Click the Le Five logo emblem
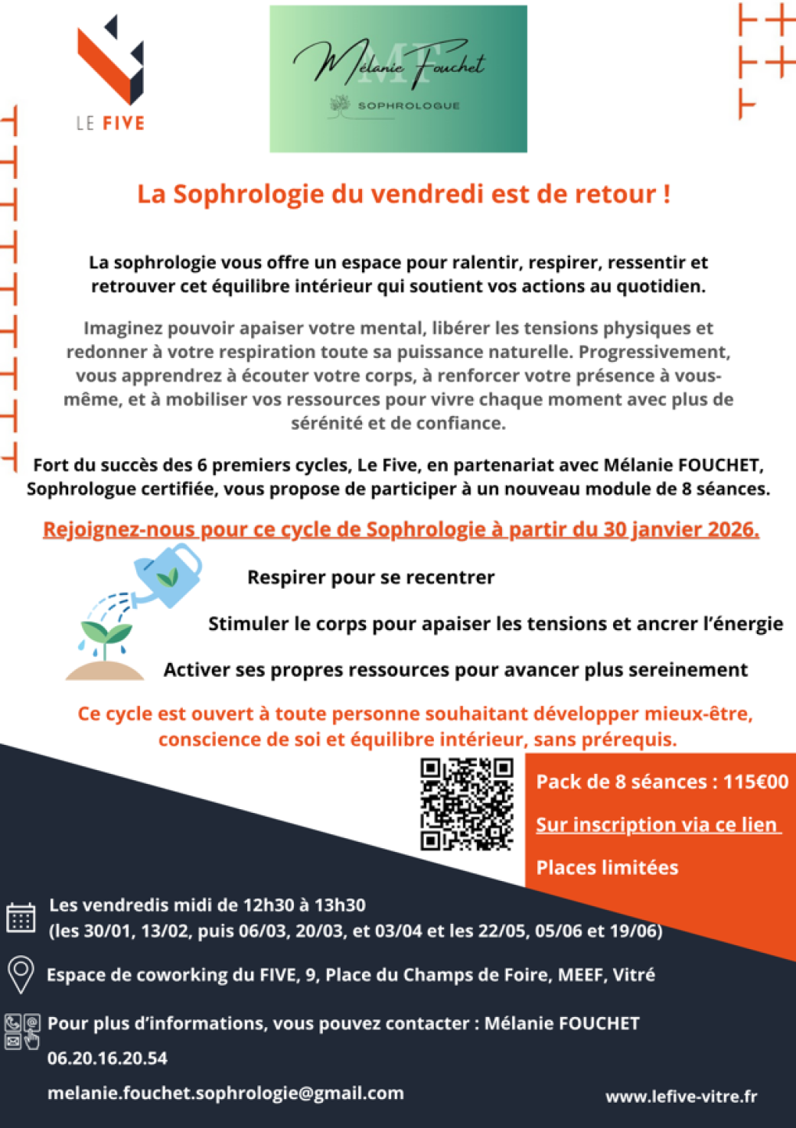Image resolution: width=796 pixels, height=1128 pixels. coord(112,61)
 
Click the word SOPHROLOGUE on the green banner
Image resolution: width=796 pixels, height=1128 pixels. coord(409,106)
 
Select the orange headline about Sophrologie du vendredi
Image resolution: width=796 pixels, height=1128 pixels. coord(403,194)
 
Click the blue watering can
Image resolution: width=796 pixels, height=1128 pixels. coord(168,575)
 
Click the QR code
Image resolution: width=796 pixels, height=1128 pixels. coord(466,804)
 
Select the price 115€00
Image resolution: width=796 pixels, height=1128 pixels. coord(755,782)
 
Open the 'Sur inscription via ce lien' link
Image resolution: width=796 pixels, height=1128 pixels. coord(657,824)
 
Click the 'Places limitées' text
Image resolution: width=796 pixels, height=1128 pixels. coord(607,867)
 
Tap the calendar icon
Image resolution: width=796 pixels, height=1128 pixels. coord(21,917)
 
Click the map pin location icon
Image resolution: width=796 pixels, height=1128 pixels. coord(21,975)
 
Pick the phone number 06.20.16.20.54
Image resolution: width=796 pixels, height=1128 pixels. coord(107,1058)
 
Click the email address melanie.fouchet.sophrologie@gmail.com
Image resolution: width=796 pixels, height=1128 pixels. coord(226,1094)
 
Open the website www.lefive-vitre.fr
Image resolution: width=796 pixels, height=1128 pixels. coord(681,1097)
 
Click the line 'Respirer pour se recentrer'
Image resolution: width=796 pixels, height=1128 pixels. coord(370,577)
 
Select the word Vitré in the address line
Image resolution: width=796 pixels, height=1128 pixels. coord(634,975)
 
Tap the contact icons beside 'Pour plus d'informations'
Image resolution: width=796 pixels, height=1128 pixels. coord(22,1031)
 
